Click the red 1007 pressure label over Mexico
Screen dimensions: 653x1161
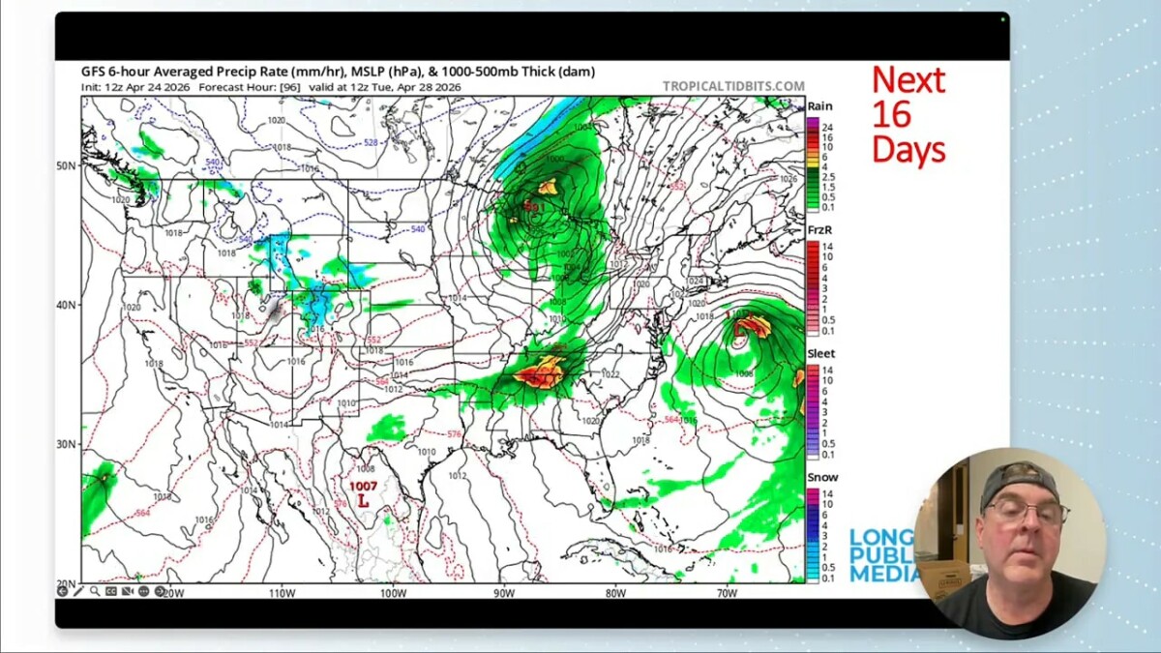(364, 486)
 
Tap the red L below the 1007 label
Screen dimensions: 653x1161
(364, 501)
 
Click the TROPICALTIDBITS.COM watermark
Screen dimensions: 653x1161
(733, 86)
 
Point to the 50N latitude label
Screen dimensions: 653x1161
(67, 165)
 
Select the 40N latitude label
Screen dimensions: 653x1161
(67, 305)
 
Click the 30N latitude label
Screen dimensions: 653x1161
(67, 444)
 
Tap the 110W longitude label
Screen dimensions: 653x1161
(283, 592)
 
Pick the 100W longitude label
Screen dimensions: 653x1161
(393, 592)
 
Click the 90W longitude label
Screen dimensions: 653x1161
(504, 592)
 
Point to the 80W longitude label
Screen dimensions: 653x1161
(615, 592)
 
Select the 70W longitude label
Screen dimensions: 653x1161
(727, 592)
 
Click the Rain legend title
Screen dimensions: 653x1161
(819, 106)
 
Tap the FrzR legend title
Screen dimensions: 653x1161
(819, 230)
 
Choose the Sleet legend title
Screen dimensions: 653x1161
(820, 354)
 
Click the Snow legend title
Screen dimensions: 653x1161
(822, 478)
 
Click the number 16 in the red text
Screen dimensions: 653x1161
(891, 114)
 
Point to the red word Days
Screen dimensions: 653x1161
(908, 149)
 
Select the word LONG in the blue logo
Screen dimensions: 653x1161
(881, 538)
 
